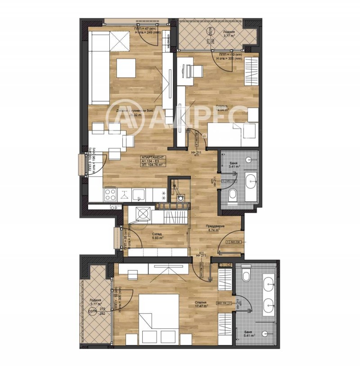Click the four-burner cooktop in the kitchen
[x=111, y=195]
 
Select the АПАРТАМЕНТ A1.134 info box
[x=153, y=161]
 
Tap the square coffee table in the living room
[x=126, y=68]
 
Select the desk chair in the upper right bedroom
[x=197, y=71]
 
